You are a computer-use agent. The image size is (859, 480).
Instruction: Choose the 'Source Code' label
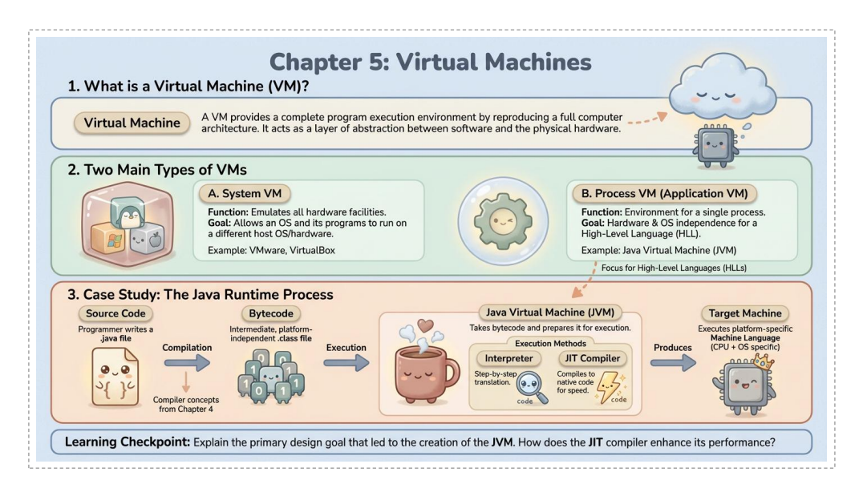point(115,313)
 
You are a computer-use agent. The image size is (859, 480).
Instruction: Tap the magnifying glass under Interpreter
point(529,389)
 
